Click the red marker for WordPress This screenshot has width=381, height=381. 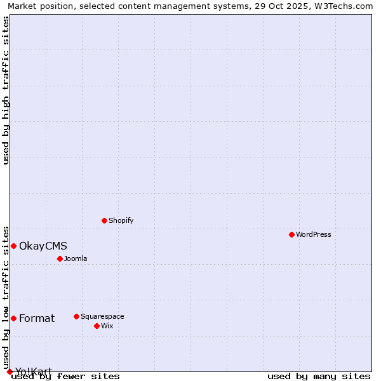pyautogui.click(x=291, y=234)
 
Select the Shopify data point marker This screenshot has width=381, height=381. pyautogui.click(x=104, y=220)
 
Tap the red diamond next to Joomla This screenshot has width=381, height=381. pyautogui.click(x=60, y=258)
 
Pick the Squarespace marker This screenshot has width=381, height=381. pyautogui.click(x=76, y=316)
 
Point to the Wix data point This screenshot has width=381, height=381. pyautogui.click(x=97, y=326)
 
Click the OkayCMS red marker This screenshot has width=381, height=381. pyautogui.click(x=13, y=246)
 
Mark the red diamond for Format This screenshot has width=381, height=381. pyautogui.click(x=13, y=318)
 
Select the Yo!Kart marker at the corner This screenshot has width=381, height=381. pyautogui.click(x=10, y=371)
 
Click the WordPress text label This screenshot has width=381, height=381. pyautogui.click(x=314, y=234)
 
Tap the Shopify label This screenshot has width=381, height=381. pyautogui.click(x=121, y=220)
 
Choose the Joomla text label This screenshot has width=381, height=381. pyautogui.click(x=76, y=258)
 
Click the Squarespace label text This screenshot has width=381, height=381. pyautogui.click(x=102, y=316)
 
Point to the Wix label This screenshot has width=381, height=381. pyautogui.click(x=107, y=326)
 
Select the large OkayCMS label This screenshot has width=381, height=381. pyautogui.click(x=43, y=246)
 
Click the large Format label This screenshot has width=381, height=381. pyautogui.click(x=37, y=318)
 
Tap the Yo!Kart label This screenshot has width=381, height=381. pyautogui.click(x=34, y=371)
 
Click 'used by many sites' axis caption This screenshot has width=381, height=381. pyautogui.click(x=319, y=376)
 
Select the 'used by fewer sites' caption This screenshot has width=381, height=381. pyautogui.click(x=66, y=376)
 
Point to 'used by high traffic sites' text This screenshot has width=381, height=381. pyautogui.click(x=6, y=90)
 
